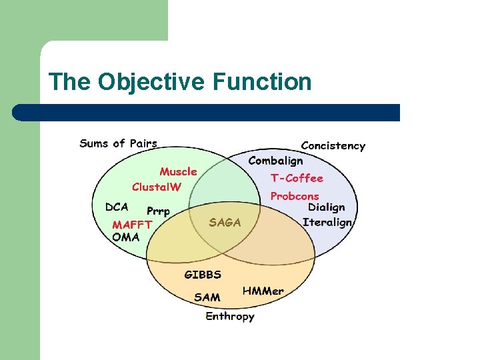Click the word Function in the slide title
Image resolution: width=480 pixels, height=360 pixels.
[262, 82]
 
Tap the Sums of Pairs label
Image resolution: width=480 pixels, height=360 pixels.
[118, 143]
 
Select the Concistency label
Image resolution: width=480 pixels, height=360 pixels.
[333, 145]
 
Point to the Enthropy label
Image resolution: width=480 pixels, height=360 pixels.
[229, 316]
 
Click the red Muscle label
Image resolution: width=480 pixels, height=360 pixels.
[178, 171]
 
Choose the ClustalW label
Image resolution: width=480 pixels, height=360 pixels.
[156, 187]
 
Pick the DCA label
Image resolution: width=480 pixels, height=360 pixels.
[117, 207]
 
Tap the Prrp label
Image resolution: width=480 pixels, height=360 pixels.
[158, 211]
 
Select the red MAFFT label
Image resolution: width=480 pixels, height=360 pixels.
[132, 225]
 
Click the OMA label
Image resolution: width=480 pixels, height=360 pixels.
[126, 237]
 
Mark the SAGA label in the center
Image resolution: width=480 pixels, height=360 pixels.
[225, 222]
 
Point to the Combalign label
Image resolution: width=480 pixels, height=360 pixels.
[275, 161]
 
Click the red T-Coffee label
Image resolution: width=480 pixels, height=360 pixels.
[296, 178]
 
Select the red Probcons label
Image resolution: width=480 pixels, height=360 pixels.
[294, 196]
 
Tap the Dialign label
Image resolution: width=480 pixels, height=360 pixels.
[326, 208]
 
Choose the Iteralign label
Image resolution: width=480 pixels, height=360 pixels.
[327, 222]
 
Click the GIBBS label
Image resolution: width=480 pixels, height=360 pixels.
[203, 274]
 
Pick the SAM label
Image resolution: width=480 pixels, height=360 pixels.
[207, 297]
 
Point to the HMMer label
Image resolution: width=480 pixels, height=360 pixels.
[263, 291]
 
